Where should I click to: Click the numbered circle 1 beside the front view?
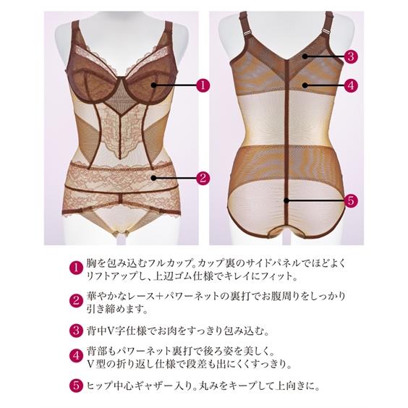tap(203, 85)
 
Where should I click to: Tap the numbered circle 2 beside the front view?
tap(203, 176)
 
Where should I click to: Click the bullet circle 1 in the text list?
tap(73, 268)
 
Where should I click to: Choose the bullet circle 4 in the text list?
tap(73, 355)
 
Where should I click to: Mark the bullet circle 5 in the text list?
tap(73, 386)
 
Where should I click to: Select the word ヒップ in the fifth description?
tap(97, 386)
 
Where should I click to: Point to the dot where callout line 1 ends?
tap(154, 85)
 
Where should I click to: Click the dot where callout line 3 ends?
tap(305, 56)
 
